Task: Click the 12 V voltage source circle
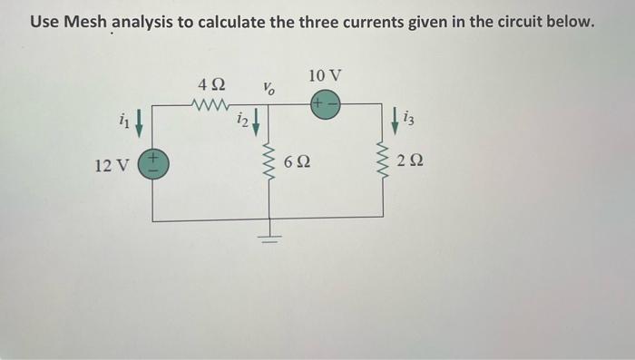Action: coord(152,166)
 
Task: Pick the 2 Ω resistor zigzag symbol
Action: coord(382,163)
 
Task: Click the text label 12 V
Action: coord(112,166)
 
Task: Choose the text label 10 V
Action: coord(326,74)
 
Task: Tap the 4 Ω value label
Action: coord(211,84)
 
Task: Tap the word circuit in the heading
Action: coord(531,21)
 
